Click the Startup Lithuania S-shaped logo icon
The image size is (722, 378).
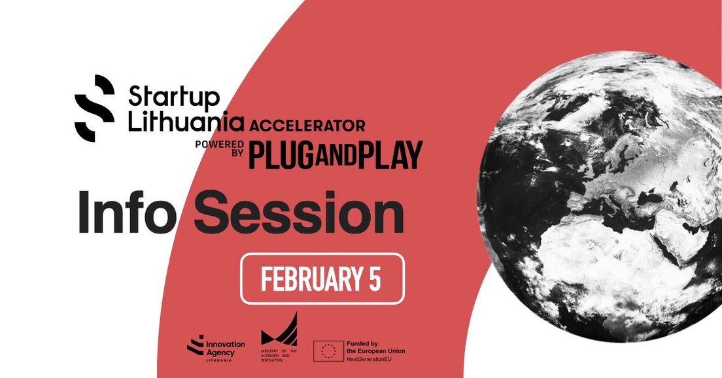click(x=95, y=108)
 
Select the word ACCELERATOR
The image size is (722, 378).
click(x=306, y=124)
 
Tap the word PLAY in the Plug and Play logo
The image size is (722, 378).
click(x=392, y=154)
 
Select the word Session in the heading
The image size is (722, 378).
click(x=298, y=213)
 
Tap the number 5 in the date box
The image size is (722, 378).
click(x=373, y=279)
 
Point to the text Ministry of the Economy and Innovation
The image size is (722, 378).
click(x=279, y=353)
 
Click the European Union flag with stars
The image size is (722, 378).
click(x=329, y=351)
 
